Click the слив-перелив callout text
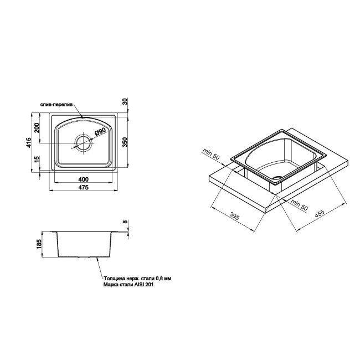(x=55, y=104)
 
